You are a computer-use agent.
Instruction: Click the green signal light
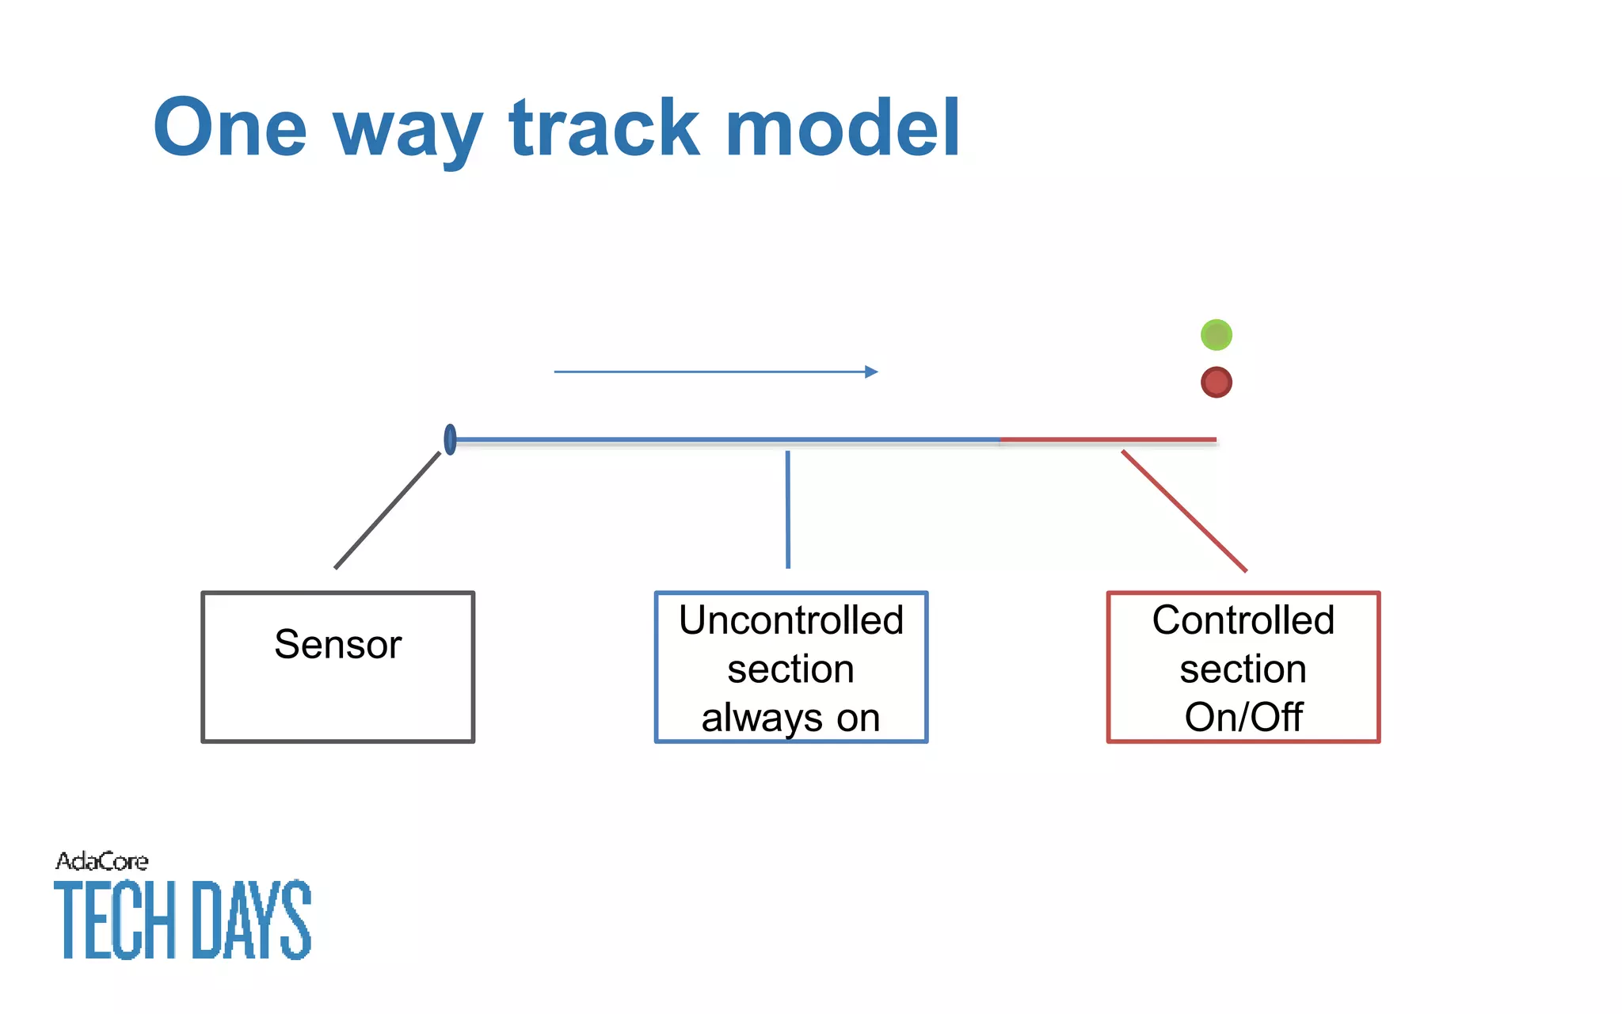1216,334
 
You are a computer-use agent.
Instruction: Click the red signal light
1216,382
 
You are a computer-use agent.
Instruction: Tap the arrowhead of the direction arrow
871,372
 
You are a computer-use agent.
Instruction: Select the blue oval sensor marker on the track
450,439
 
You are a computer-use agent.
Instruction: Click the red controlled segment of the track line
1109,439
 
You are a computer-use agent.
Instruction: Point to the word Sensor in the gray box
338,644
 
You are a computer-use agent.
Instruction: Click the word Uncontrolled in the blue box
790,620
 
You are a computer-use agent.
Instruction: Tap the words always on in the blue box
790,718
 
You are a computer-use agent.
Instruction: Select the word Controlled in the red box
1243,620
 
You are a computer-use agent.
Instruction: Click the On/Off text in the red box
1243,718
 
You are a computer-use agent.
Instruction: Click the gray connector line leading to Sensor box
387,510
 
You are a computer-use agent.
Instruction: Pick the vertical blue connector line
787,509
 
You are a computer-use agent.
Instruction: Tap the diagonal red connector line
1184,511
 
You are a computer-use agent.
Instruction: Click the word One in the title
230,128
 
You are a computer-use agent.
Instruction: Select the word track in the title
605,128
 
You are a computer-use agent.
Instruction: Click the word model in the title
842,128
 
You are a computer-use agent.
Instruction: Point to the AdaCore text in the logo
101,861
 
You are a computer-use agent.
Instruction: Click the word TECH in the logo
115,921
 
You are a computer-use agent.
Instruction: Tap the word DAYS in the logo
252,921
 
